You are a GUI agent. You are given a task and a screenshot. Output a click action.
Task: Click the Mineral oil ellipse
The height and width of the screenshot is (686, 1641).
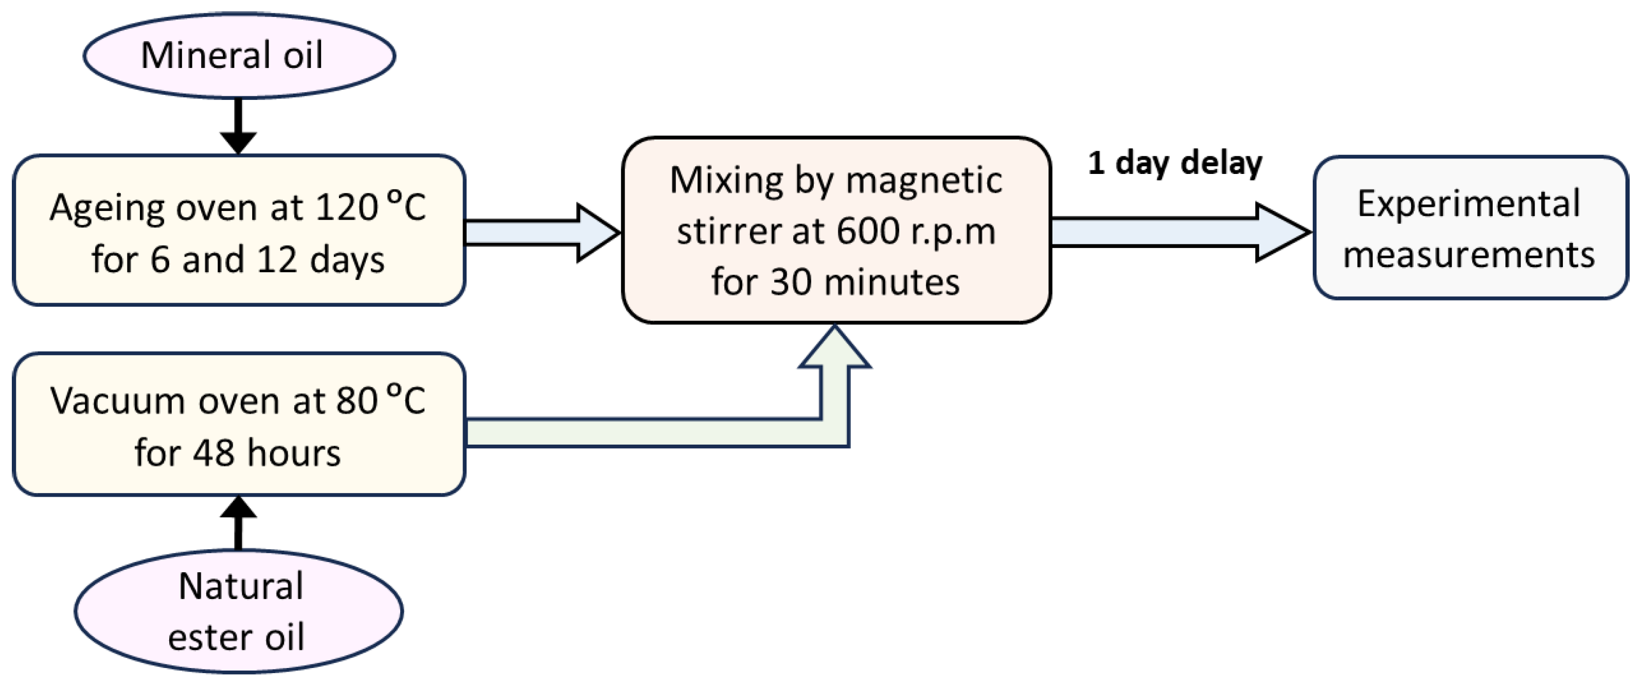[x=239, y=56]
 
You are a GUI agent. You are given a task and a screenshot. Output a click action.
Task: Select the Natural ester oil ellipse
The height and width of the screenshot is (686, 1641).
[x=238, y=611]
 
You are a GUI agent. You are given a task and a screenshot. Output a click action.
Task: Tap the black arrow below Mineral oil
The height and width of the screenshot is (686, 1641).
[x=238, y=127]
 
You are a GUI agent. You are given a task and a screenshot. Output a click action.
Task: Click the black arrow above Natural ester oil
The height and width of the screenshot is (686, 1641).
[x=238, y=522]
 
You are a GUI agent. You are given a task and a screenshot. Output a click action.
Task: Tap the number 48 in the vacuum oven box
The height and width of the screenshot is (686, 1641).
[x=213, y=453]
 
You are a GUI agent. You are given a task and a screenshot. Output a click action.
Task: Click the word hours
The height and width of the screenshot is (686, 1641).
[x=293, y=453]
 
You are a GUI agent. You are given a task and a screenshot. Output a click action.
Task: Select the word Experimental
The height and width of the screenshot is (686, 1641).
[x=1468, y=204]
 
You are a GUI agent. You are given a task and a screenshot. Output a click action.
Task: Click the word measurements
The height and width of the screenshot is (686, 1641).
[x=1468, y=255]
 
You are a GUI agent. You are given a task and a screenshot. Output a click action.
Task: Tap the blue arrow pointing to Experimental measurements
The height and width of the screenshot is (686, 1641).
[x=1179, y=232]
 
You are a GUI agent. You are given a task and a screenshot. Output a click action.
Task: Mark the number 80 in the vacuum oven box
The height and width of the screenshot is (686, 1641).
[x=356, y=401]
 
